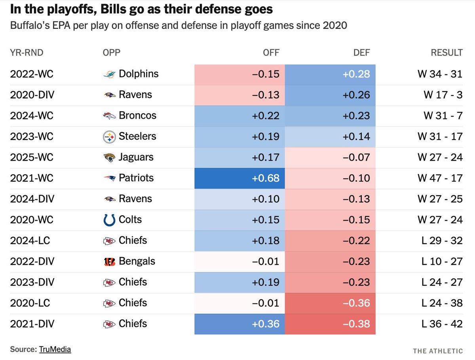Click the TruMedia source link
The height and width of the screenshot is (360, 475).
click(55, 349)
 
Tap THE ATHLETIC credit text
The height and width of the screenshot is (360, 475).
click(438, 351)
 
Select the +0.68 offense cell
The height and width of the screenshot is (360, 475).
click(239, 178)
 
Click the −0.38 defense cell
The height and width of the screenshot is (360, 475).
click(330, 324)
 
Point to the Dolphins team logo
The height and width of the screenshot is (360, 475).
click(109, 74)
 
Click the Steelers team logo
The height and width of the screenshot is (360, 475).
click(109, 137)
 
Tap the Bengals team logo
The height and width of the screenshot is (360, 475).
click(109, 261)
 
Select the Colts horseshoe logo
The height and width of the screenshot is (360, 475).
click(109, 220)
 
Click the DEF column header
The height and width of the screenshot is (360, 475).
click(361, 53)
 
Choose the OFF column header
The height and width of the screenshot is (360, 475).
click(271, 53)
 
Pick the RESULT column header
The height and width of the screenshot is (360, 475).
click(446, 53)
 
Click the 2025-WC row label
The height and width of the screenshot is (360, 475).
click(32, 157)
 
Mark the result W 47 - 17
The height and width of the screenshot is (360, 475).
click(440, 178)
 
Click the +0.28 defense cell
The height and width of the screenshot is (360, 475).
click(330, 74)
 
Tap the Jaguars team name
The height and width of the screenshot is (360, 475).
click(136, 157)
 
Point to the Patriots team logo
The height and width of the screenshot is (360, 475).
click(109, 178)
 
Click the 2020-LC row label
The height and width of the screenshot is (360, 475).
click(30, 303)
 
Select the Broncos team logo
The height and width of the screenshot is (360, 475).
click(109, 116)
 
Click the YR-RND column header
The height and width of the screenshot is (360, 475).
click(27, 53)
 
